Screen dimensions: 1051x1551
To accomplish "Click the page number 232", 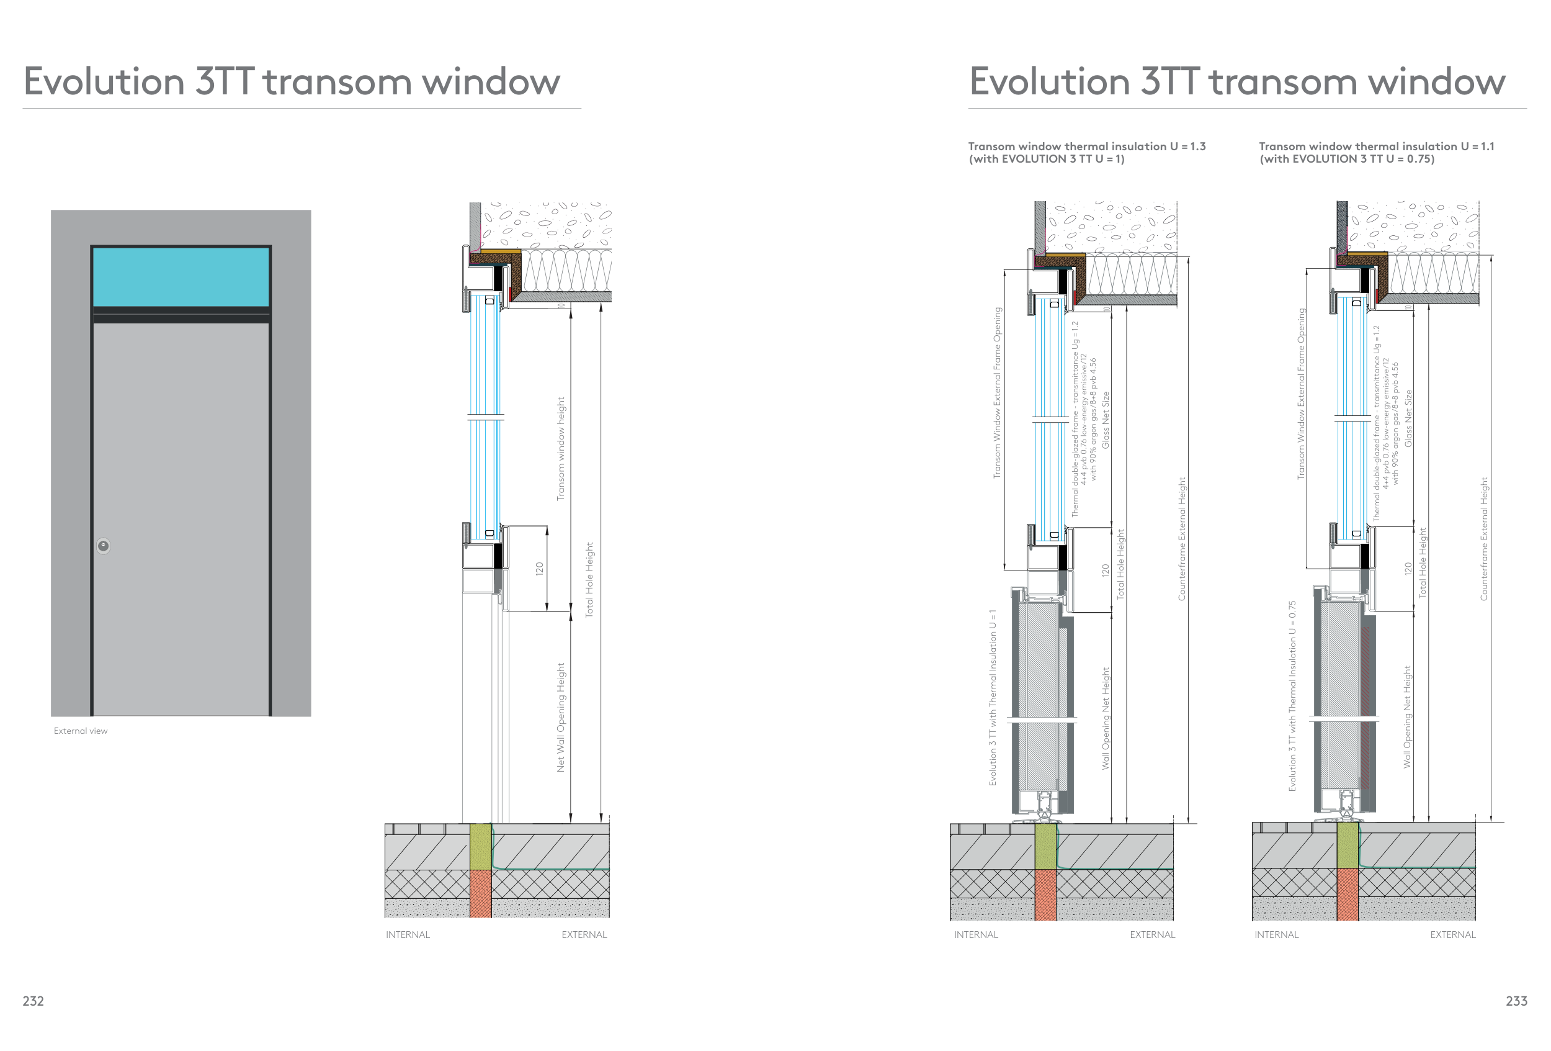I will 33,1001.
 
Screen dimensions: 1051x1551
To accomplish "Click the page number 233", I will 1516,1001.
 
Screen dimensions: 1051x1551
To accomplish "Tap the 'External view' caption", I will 80,731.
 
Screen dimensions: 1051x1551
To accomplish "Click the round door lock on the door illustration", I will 104,546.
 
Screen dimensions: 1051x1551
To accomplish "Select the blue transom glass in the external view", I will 181,277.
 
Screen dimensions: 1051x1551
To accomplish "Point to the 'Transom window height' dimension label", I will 561,449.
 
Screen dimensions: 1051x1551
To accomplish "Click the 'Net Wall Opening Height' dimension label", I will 561,717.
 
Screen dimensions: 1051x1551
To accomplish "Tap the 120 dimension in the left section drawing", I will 539,569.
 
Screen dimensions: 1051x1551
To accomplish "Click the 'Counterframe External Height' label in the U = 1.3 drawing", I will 1181,538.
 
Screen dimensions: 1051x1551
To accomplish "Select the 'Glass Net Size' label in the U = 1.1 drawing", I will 1408,418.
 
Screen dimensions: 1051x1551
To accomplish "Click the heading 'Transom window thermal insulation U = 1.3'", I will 1086,147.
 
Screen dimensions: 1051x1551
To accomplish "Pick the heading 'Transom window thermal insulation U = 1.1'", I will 1376,147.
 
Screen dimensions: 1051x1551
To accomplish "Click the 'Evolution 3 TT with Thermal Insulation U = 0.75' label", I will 1292,696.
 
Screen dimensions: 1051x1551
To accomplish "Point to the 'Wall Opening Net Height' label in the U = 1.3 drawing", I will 1106,718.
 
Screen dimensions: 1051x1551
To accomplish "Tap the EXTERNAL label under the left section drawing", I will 584,935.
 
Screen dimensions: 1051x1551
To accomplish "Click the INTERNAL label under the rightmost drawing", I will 1276,935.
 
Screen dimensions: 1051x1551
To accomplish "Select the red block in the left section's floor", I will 481,893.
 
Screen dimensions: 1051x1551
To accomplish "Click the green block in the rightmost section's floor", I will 1348,846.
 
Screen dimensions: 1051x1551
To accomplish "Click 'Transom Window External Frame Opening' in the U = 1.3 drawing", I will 998,392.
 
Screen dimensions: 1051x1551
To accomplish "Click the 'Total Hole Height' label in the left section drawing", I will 589,580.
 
